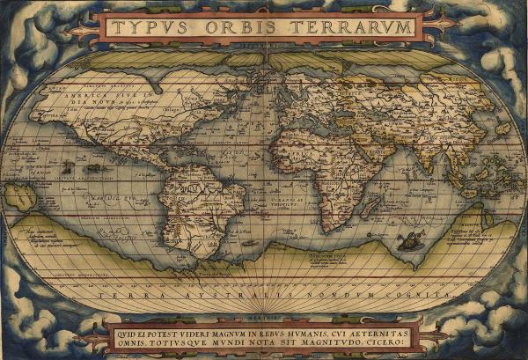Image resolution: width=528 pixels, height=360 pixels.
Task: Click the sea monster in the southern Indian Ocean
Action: click(408, 240)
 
